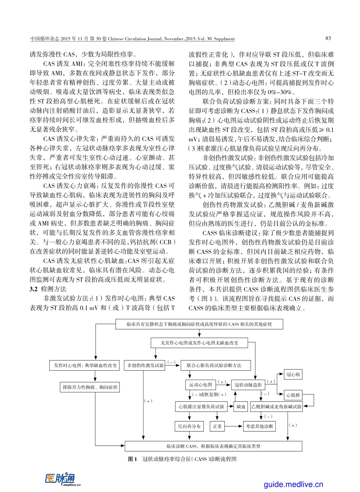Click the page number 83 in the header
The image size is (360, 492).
(328, 38)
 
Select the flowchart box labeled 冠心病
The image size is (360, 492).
(293, 374)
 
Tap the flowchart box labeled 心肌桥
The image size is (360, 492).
(293, 395)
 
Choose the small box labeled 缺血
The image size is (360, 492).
(241, 407)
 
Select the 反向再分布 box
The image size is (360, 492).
(189, 426)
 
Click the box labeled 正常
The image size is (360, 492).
(217, 426)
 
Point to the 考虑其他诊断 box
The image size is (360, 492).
(259, 426)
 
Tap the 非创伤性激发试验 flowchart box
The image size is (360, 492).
(146, 365)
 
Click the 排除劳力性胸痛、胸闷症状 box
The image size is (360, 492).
(90, 387)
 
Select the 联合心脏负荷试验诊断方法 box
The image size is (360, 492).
(214, 365)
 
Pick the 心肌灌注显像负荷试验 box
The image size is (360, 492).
(201, 407)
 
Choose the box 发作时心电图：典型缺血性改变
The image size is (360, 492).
(84, 365)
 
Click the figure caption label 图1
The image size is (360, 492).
(132, 459)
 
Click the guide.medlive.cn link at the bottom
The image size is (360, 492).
(293, 484)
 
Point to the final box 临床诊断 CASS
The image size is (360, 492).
(213, 446)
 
